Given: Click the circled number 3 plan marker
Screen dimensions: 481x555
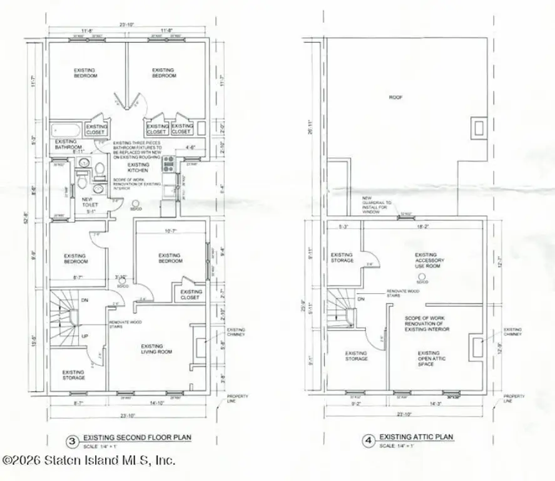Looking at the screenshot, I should point(73,440).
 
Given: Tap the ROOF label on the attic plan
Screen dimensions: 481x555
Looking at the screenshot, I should point(395,98).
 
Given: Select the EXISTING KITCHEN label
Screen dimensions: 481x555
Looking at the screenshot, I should point(138,167).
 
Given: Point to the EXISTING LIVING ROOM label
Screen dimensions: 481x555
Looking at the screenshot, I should point(151,349).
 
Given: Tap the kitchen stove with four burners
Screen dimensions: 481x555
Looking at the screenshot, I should point(169,164).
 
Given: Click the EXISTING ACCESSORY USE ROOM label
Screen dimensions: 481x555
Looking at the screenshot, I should point(425,261).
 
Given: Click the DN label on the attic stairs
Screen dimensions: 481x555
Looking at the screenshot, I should point(361,299).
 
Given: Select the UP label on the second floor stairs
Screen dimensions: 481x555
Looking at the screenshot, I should point(85,336).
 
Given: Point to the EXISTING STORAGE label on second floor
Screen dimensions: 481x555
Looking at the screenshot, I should point(73,375).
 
